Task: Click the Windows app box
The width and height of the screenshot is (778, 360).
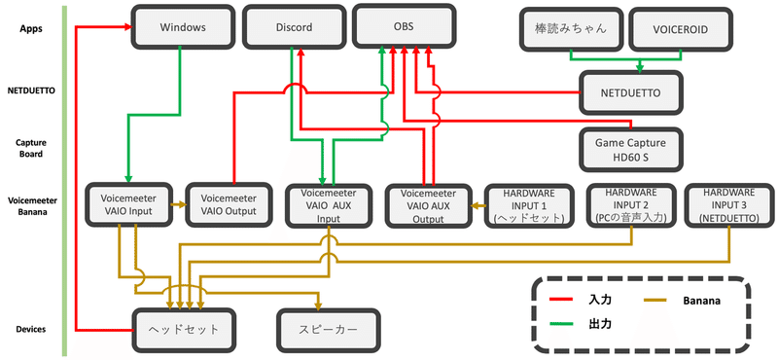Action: click(x=182, y=27)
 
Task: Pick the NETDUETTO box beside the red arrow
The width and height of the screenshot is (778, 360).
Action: click(x=630, y=94)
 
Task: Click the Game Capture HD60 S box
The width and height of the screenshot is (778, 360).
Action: click(x=630, y=149)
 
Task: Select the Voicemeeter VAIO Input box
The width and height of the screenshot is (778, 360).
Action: click(x=128, y=203)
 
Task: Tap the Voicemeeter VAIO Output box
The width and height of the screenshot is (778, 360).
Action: click(x=228, y=203)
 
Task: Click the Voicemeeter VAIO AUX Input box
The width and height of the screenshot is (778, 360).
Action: click(x=328, y=205)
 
